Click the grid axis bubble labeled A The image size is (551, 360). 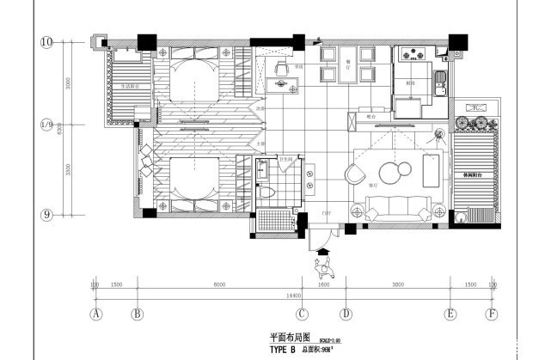click(96, 314)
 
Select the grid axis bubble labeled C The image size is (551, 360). click(303, 314)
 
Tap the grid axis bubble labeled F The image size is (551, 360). click(491, 314)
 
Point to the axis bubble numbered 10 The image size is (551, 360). click(47, 40)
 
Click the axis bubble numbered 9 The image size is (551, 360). click(47, 214)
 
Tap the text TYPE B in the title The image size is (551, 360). click(282, 350)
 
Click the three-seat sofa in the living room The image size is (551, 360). click(400, 209)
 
